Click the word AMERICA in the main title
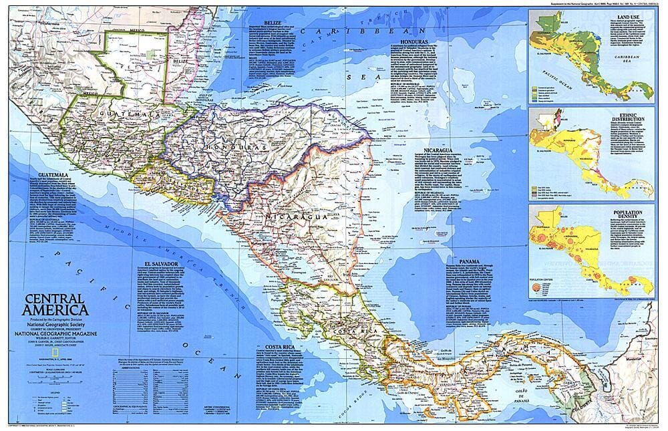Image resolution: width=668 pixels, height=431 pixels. (x=55, y=309)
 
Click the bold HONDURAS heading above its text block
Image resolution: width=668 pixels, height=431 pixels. (x=407, y=39)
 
